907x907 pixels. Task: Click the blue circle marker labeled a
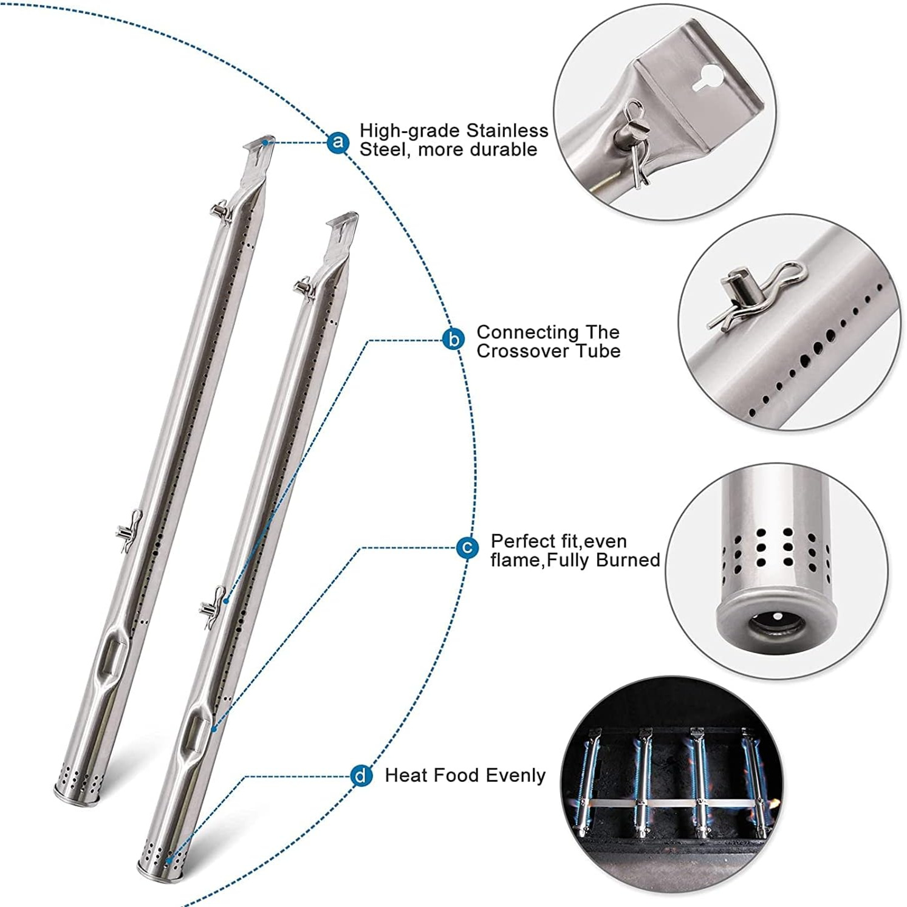338,143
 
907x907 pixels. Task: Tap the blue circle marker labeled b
454,340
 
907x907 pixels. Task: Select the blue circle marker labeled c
467,548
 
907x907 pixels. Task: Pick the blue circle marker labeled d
361,776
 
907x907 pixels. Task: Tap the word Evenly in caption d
515,776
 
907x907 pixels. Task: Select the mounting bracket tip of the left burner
261,146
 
